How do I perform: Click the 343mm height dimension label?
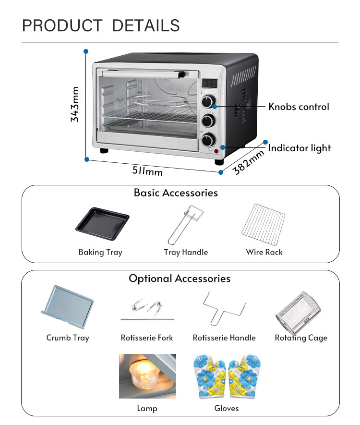[x=75, y=104]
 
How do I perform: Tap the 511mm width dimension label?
[x=147, y=170]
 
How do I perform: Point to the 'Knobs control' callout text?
[x=299, y=107]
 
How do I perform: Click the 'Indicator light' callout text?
[x=300, y=148]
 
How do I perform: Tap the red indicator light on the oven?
[x=216, y=152]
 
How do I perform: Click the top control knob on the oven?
[x=208, y=102]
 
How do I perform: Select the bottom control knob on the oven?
[x=208, y=139]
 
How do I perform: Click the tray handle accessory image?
[x=185, y=224]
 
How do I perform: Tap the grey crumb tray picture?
[x=68, y=305]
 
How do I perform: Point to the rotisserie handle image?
[x=224, y=307]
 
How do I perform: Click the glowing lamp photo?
[x=147, y=376]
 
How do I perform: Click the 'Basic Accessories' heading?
[x=176, y=193]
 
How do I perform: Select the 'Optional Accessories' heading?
[x=180, y=279]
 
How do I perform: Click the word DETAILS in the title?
[x=146, y=25]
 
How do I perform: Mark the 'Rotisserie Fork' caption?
[x=147, y=338]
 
